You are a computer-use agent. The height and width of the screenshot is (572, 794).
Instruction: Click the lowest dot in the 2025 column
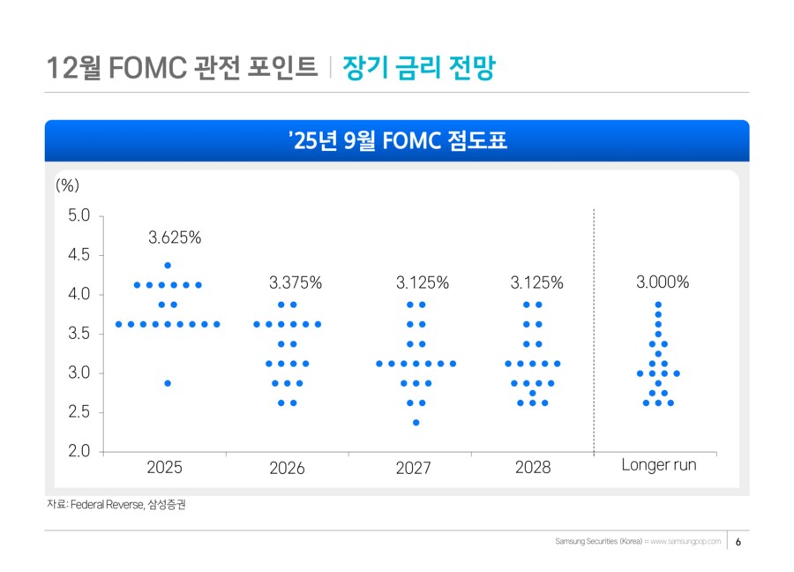point(168,383)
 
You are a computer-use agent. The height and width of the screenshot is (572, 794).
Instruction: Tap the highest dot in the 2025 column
point(168,265)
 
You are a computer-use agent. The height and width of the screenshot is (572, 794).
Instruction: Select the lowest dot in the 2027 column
point(416,422)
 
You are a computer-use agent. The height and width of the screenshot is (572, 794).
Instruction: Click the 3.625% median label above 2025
point(175,237)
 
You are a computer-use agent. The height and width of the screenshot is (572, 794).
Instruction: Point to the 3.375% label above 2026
point(296,283)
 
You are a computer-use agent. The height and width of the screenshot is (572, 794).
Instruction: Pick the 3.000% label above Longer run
point(663,282)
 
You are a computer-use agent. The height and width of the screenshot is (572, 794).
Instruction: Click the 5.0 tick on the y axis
point(79,215)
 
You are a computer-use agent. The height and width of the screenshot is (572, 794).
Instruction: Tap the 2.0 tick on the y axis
point(79,451)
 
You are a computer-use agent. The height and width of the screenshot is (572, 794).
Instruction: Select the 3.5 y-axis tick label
point(79,334)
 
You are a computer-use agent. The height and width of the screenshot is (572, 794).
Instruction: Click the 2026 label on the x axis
point(287,469)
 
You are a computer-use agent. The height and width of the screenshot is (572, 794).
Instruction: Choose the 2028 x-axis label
point(533,468)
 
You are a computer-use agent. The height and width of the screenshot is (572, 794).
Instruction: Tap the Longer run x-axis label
point(658,465)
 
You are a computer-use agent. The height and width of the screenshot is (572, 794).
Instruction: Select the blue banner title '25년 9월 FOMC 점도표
point(397,140)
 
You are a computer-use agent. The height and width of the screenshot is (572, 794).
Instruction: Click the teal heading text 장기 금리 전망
point(418,67)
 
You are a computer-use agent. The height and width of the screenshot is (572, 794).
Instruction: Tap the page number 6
point(738,541)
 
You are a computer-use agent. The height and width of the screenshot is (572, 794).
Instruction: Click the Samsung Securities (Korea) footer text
point(600,541)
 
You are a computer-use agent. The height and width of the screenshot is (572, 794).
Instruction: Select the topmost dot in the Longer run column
point(658,305)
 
